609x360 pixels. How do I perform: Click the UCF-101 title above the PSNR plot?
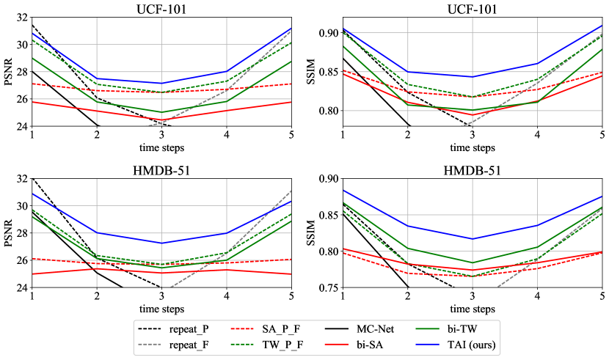click(x=161, y=9)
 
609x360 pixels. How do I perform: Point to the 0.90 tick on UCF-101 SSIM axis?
click(x=327, y=33)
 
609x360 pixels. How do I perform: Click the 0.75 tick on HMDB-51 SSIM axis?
click(x=327, y=287)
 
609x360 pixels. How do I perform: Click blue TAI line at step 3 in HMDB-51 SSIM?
click(x=473, y=238)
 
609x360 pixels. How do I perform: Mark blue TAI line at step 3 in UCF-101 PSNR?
click(x=161, y=84)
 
